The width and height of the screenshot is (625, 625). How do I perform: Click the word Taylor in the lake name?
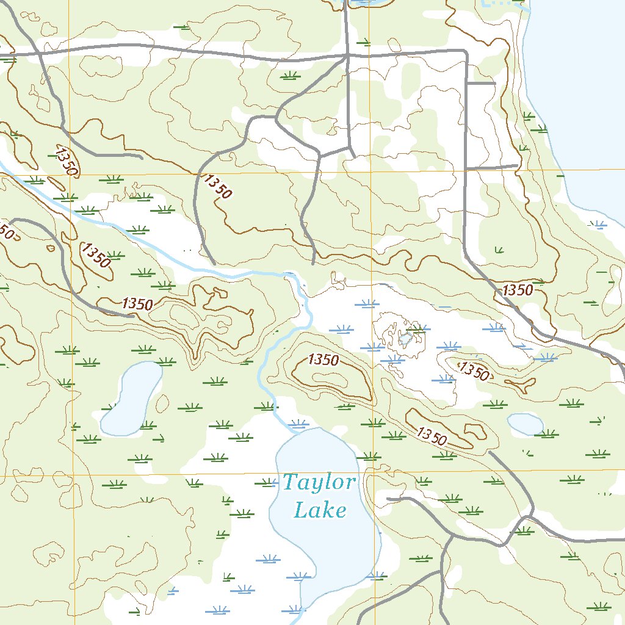[319, 483]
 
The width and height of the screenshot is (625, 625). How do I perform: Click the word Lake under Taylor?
[320, 510]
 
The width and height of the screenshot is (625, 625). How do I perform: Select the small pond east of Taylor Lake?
[525, 424]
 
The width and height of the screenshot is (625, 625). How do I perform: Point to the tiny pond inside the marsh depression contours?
[405, 339]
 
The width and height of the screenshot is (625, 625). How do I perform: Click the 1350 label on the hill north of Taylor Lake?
[323, 360]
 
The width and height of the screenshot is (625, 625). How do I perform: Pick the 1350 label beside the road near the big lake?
[518, 291]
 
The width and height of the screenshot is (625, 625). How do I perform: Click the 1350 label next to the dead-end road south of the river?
[137, 303]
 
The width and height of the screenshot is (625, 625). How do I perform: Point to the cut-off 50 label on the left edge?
[6, 231]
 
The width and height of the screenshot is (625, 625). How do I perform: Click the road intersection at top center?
[347, 56]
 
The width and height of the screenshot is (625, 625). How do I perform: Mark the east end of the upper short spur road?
[495, 82]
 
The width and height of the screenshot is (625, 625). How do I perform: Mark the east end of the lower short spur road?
[517, 165]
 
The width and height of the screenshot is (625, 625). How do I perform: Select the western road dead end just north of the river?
[214, 263]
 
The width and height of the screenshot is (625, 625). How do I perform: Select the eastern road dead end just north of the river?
[313, 263]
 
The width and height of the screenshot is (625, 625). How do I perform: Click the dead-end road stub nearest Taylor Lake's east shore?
[388, 499]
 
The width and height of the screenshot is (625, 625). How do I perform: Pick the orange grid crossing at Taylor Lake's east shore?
[369, 473]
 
